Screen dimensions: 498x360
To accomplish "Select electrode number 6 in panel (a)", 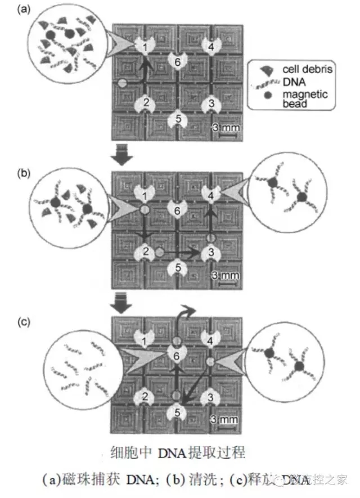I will point(177,61).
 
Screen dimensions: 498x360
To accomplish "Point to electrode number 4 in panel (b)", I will point(210,195).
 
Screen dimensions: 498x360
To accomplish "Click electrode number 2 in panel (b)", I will point(146,252).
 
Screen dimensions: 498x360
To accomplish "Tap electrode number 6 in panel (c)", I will point(177,355).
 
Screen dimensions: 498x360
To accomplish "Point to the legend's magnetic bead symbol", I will point(268,95).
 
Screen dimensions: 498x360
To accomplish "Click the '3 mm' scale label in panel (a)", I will point(227,127).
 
